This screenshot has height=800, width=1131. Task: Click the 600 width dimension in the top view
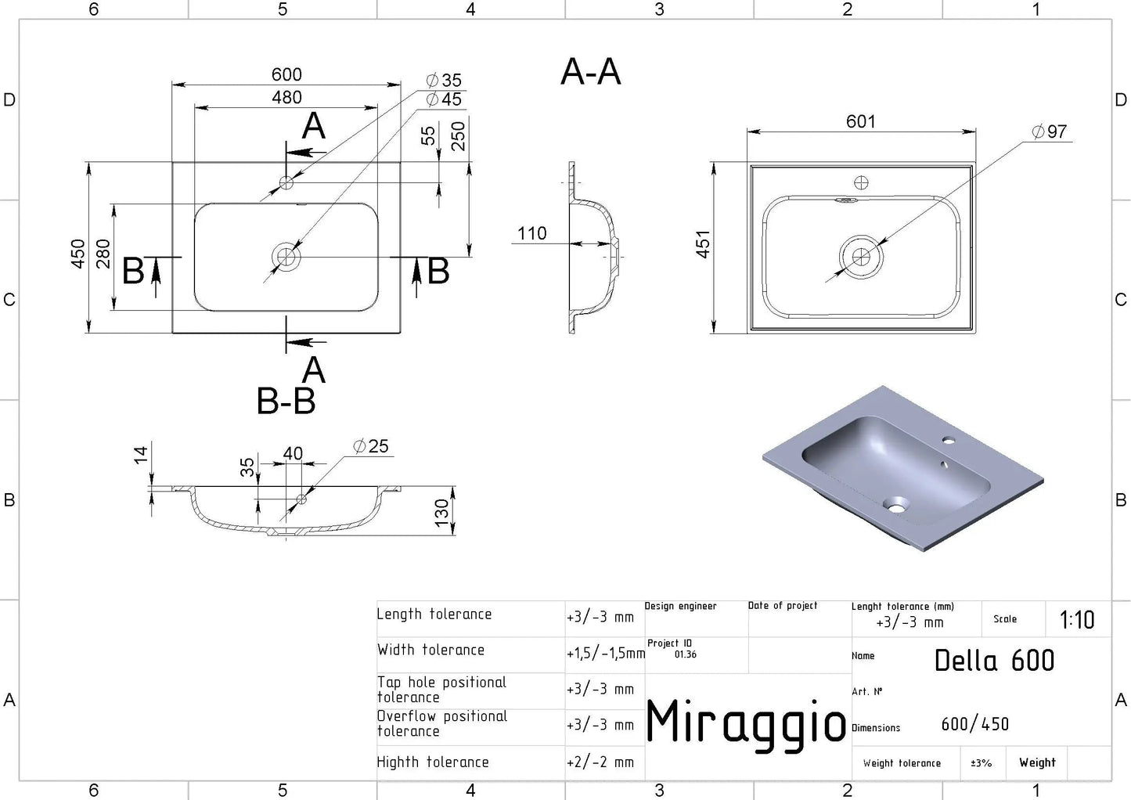pos(286,74)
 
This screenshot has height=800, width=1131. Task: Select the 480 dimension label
pos(286,97)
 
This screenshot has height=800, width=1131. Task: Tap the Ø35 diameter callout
pos(444,80)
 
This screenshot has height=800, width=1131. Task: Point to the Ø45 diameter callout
pos(444,99)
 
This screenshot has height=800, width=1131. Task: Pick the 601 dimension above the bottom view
pos(861,121)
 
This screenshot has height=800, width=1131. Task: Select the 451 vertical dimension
pos(703,244)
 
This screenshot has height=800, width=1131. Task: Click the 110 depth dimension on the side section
pos(531,233)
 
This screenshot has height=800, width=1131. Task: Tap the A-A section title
pos(591,71)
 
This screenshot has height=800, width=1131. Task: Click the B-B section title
pos(286,401)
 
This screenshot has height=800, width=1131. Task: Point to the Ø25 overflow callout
pos(371,446)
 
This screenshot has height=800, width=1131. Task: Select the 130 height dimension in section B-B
pos(441,513)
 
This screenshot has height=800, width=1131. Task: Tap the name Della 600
pos(994,660)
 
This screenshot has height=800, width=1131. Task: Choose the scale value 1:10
pos(1077,620)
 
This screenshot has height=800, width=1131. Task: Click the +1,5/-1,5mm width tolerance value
pos(606,654)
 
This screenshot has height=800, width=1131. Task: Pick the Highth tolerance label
pos(433,762)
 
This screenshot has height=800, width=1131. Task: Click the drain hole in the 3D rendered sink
pos(895,504)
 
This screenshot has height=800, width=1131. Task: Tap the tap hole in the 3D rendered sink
pos(949,441)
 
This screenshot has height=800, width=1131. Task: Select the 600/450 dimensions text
pos(975,724)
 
